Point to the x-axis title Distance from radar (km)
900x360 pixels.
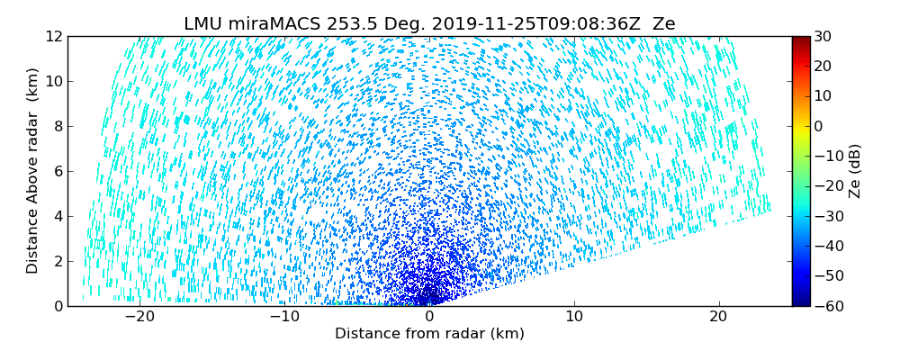click(x=429, y=334)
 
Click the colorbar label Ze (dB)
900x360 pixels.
click(x=855, y=170)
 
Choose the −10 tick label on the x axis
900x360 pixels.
click(x=283, y=318)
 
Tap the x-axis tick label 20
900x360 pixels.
click(x=718, y=318)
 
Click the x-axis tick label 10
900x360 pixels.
click(x=574, y=318)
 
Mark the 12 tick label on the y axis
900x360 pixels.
click(x=52, y=36)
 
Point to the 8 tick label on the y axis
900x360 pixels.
click(x=56, y=126)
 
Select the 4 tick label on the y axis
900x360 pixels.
click(x=56, y=216)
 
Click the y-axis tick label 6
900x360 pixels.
click(x=56, y=171)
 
